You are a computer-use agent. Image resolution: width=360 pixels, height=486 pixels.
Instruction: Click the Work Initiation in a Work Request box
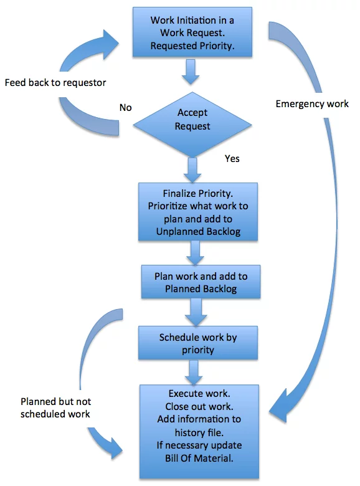tap(192, 32)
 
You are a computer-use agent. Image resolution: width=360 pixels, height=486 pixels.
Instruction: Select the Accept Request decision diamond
tap(192, 125)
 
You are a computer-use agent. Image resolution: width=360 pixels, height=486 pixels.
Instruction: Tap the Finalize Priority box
tap(198, 212)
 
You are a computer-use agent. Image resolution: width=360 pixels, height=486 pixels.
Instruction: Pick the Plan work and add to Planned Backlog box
tap(201, 282)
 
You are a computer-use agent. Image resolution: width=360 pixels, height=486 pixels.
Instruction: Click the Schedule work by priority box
tap(198, 343)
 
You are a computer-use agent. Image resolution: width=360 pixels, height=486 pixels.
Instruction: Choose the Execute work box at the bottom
tap(199, 431)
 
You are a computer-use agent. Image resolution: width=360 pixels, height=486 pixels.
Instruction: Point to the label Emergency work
tap(312, 104)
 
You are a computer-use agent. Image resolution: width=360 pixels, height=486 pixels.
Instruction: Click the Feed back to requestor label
tap(55, 83)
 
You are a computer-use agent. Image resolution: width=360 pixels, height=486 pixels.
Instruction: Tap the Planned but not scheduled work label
tap(56, 407)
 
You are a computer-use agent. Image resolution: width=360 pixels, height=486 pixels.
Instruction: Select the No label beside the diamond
tap(125, 108)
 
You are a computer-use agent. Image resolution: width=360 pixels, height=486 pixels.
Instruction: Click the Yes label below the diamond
tap(232, 159)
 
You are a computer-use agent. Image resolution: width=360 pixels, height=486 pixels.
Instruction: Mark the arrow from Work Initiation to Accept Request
tap(191, 72)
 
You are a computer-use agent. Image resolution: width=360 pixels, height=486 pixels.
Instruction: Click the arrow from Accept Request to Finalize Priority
tap(192, 170)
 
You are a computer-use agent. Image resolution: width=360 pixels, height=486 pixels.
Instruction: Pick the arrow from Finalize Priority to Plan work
tap(195, 253)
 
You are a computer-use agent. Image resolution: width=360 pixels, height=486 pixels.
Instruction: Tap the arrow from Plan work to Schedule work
tap(196, 312)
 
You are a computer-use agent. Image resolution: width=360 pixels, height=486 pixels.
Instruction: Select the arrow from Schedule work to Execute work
tap(194, 372)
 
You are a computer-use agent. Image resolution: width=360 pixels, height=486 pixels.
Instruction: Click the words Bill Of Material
tap(199, 458)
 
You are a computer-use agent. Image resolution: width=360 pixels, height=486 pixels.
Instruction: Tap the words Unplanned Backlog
tap(198, 232)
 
